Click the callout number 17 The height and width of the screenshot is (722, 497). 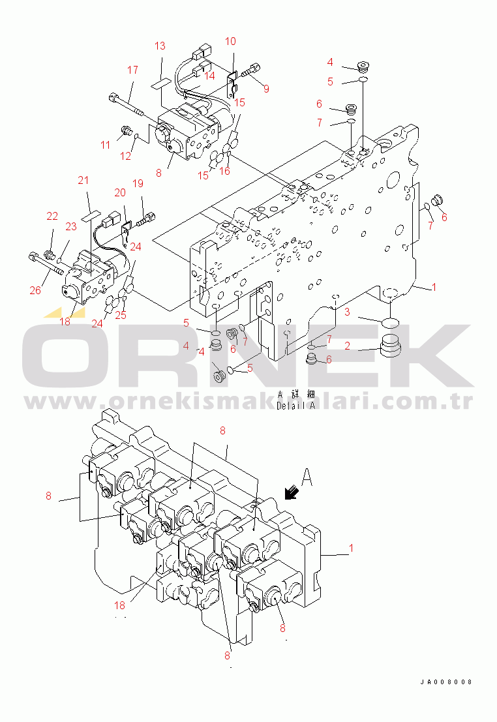[132, 70]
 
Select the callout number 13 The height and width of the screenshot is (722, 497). [160, 46]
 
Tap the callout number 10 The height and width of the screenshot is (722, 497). [230, 41]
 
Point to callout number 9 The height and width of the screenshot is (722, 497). [265, 88]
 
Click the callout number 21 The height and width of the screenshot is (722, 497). [83, 180]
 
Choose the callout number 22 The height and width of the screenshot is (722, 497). [52, 216]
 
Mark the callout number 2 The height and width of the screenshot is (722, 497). [348, 346]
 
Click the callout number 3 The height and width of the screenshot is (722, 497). [348, 312]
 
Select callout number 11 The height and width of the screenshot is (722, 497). [106, 145]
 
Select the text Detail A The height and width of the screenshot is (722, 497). [295, 406]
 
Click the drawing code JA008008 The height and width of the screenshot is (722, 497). [445, 682]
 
